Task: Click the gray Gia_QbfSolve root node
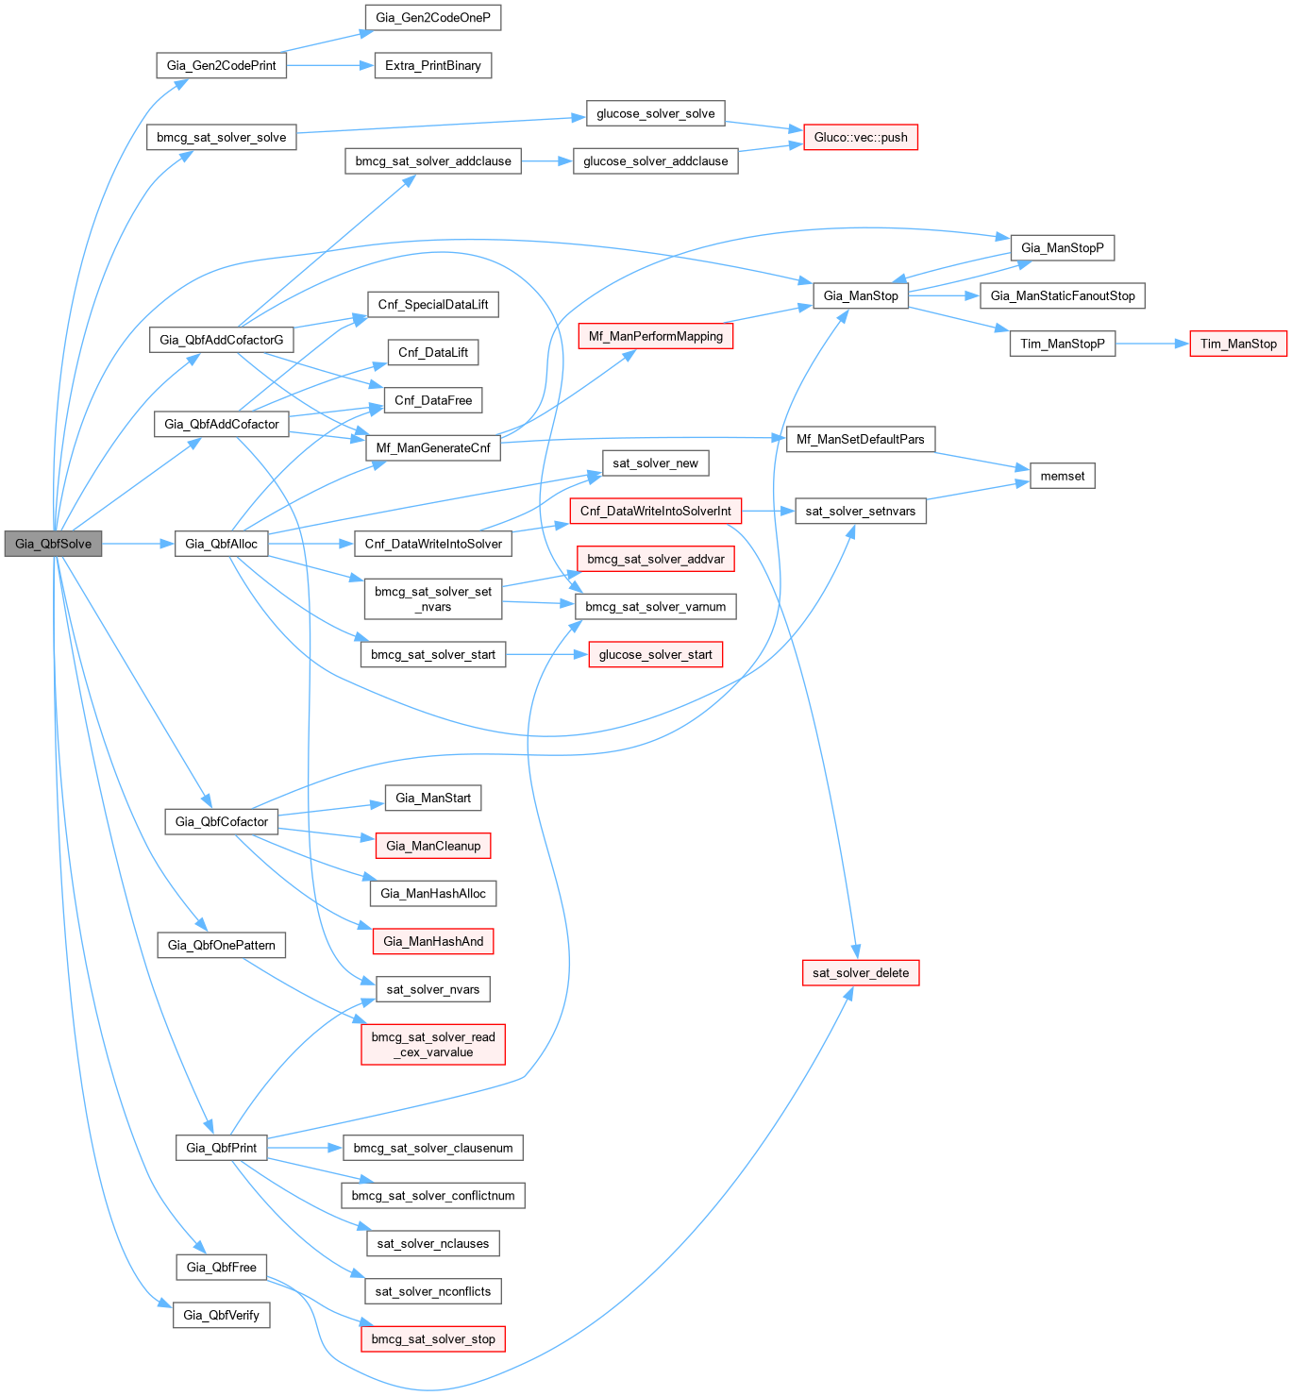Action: coord(53,544)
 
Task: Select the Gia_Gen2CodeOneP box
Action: coord(433,18)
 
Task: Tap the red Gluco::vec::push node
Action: coord(861,138)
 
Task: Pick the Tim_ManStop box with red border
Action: coord(1238,344)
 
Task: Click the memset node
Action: coord(1063,477)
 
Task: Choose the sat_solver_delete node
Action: coord(861,973)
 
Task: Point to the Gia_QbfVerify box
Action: coord(222,1315)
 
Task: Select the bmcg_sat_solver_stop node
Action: coord(433,1339)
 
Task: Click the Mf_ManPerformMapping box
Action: coord(656,336)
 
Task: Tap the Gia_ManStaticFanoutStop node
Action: coord(1063,296)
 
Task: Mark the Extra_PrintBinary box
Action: coord(433,66)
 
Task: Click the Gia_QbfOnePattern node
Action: coord(222,945)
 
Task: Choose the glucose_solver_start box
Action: coord(656,655)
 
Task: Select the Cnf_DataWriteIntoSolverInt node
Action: coord(656,512)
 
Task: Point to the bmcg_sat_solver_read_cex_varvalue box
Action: coord(433,1045)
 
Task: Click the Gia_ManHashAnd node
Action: coord(433,941)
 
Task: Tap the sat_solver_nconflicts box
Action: coord(433,1291)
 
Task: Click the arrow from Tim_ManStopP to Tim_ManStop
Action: coord(1152,344)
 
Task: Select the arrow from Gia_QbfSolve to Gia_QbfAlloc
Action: coord(138,544)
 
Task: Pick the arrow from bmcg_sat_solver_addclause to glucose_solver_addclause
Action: coord(546,161)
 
